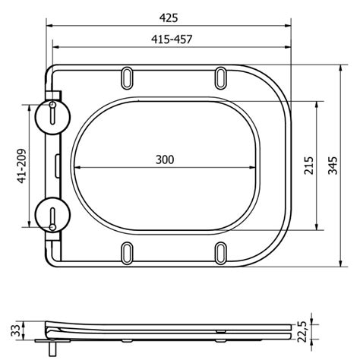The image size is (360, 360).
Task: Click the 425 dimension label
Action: click(x=169, y=18)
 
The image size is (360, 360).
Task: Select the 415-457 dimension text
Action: click(x=172, y=39)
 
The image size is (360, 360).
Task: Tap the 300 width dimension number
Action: click(x=165, y=159)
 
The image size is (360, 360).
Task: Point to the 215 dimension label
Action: click(x=309, y=166)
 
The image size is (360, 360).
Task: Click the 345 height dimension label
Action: click(x=333, y=166)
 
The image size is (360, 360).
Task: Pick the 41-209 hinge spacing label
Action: click(x=22, y=166)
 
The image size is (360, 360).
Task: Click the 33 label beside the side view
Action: click(x=15, y=330)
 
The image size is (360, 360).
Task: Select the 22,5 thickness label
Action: click(x=302, y=331)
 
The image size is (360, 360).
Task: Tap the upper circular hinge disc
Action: click(x=53, y=117)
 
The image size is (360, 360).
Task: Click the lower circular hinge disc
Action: click(x=52, y=215)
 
